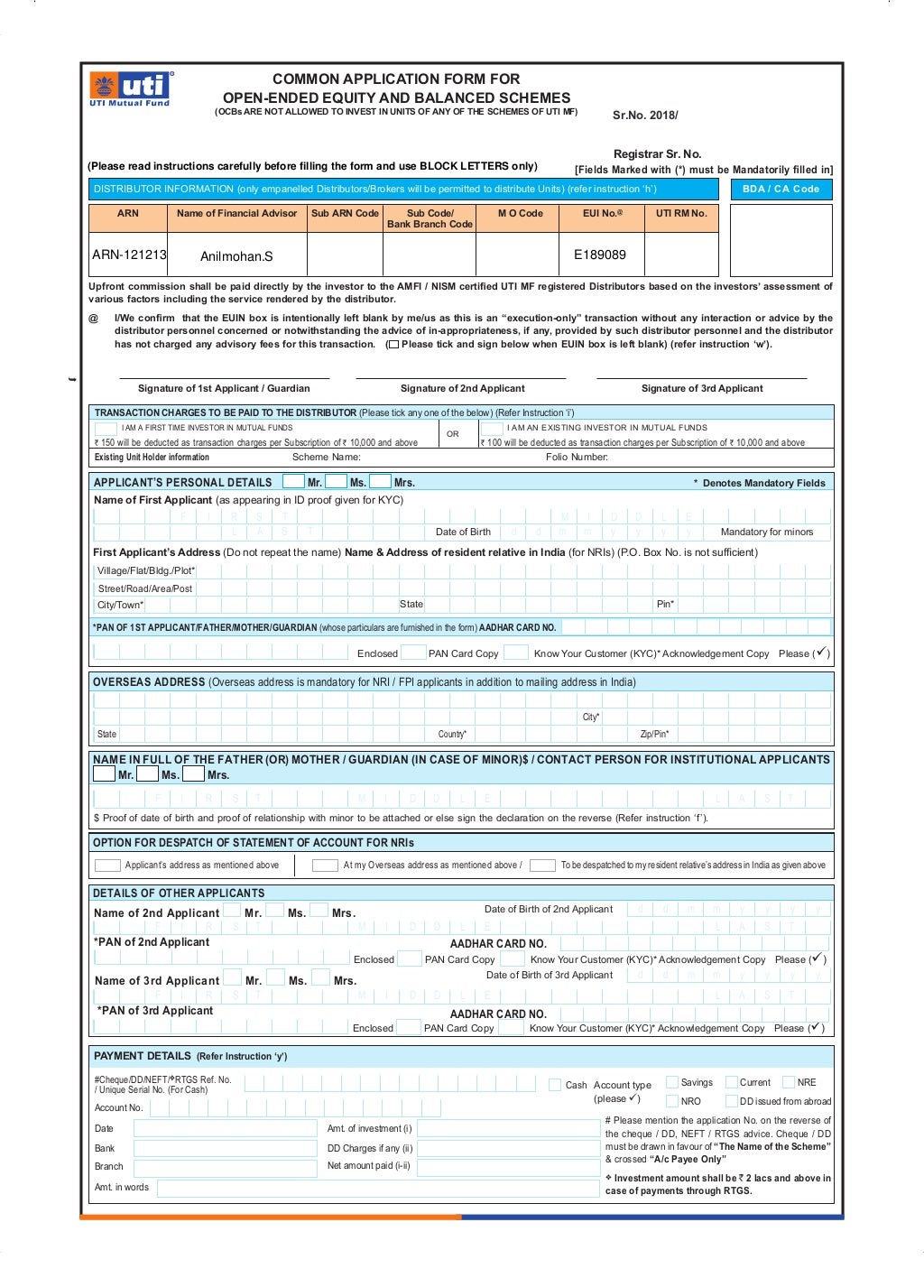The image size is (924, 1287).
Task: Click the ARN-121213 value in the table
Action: click(x=129, y=255)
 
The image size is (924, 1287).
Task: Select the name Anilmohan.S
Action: click(x=236, y=256)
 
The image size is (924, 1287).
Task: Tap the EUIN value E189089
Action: click(x=600, y=255)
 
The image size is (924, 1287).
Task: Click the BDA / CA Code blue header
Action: click(x=781, y=189)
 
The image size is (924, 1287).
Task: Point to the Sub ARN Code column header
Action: click(x=345, y=214)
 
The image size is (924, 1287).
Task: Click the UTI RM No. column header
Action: click(x=681, y=214)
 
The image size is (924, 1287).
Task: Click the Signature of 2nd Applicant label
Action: click(x=462, y=388)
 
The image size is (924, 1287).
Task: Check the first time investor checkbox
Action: click(x=106, y=429)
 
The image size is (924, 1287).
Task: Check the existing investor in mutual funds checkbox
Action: click(x=492, y=429)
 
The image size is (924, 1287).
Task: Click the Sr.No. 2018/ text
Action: click(x=645, y=116)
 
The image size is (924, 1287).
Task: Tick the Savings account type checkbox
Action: click(x=671, y=1082)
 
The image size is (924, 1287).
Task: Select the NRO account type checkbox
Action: click(x=671, y=1101)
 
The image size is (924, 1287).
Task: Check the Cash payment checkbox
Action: click(x=555, y=1085)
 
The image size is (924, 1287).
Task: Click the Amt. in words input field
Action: click(x=377, y=1188)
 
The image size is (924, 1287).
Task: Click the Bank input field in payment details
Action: click(x=226, y=1148)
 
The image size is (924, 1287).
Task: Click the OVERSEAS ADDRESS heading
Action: click(x=149, y=682)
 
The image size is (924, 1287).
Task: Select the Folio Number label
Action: click(x=576, y=458)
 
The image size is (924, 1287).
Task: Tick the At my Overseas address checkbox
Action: click(x=325, y=866)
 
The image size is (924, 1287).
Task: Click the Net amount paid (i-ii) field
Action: click(x=508, y=1167)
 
